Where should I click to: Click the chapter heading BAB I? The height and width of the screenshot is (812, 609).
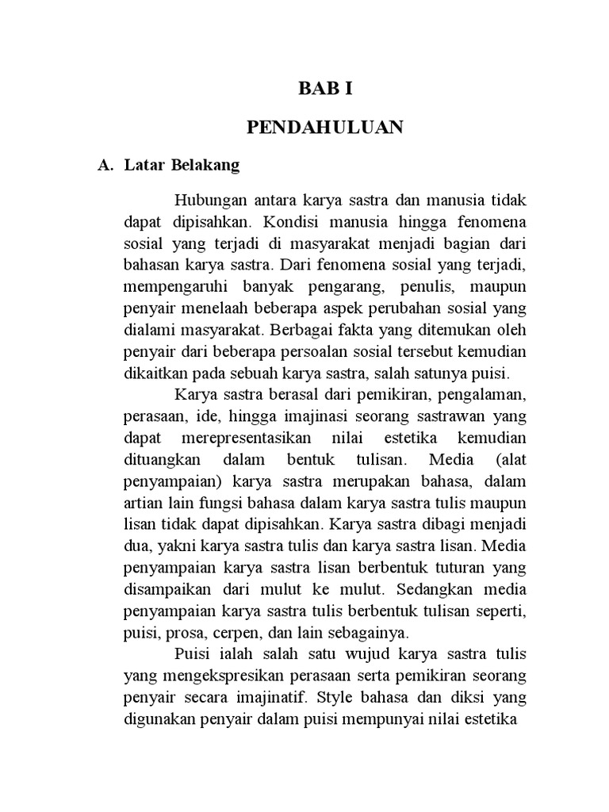click(x=324, y=89)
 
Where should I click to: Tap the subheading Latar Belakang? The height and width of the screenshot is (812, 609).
click(x=182, y=166)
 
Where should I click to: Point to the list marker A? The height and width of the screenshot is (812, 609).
click(x=102, y=166)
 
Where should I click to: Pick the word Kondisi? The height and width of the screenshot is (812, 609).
click(x=289, y=217)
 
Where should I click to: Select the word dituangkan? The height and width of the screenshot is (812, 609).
click(x=161, y=460)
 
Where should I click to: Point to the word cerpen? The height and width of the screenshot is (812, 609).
click(x=258, y=633)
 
